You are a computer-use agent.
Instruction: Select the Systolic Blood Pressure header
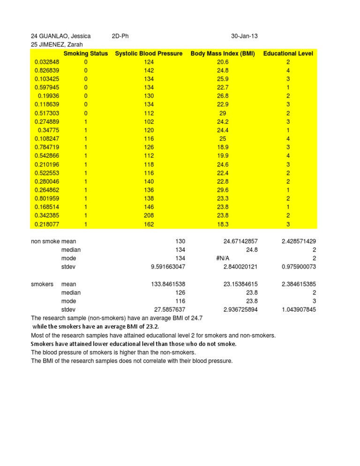point(149,53)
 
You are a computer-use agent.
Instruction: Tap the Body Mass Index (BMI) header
point(223,53)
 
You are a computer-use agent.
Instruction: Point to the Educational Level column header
point(288,53)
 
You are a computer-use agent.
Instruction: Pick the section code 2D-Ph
point(121,36)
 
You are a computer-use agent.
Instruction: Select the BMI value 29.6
point(223,190)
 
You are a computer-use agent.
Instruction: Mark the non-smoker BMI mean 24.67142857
point(234,241)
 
